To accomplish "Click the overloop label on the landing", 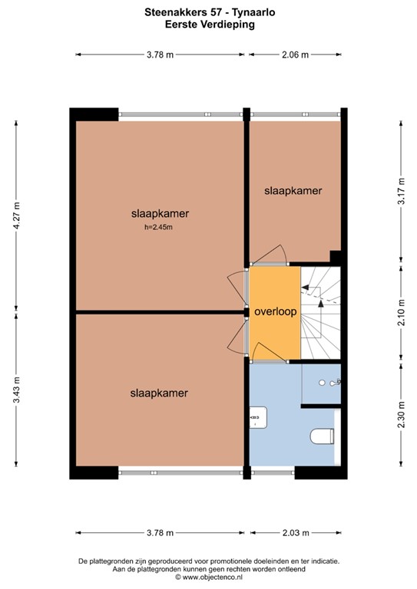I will pos(276,313).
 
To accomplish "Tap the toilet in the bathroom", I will pos(322,437).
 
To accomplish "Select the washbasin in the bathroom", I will pos(256,419).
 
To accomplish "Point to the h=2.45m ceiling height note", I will pos(160,227).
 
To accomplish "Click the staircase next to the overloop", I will pos(320,313).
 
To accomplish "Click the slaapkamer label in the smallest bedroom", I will pos(293,190).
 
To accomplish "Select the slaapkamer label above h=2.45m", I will pos(160,213).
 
